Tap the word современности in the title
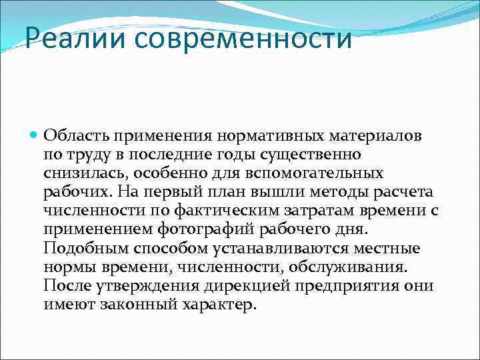[243, 38]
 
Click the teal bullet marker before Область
[35, 135]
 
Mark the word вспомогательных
[324, 173]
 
